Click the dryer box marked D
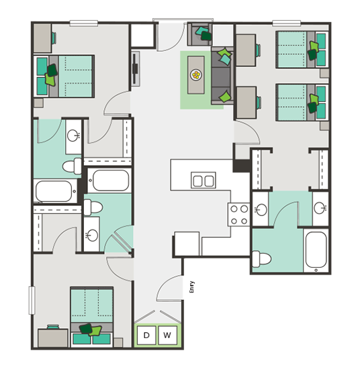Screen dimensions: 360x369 point(146,335)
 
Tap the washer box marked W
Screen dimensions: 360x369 point(167,335)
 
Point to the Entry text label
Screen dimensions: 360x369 point(192,287)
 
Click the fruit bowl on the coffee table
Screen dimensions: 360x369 point(196,75)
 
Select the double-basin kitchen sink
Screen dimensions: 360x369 point(204,180)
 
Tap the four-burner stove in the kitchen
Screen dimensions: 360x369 point(238,215)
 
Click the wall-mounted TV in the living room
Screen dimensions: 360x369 point(135,68)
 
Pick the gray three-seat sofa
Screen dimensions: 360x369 point(222,76)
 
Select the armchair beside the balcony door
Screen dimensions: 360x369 point(200,34)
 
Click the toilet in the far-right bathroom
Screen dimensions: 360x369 point(261,259)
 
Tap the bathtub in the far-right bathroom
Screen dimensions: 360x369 point(316,251)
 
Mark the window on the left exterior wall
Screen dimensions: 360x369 point(32,300)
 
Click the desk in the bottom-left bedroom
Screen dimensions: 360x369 point(53,338)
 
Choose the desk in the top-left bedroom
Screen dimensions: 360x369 point(42,38)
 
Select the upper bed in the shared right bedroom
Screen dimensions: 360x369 point(302,50)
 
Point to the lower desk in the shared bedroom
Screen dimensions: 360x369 point(246,103)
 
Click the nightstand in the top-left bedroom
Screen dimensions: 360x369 point(38,103)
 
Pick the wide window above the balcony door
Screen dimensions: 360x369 point(183,20)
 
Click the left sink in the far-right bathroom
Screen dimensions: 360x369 point(261,209)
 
